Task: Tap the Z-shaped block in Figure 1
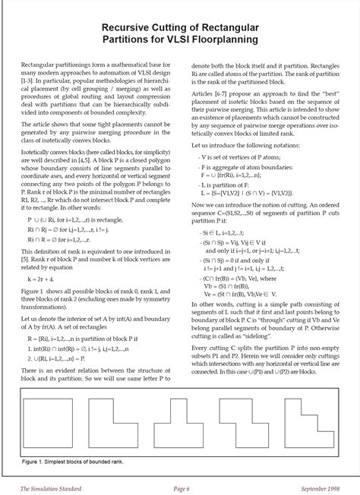245,425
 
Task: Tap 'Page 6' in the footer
181,487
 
